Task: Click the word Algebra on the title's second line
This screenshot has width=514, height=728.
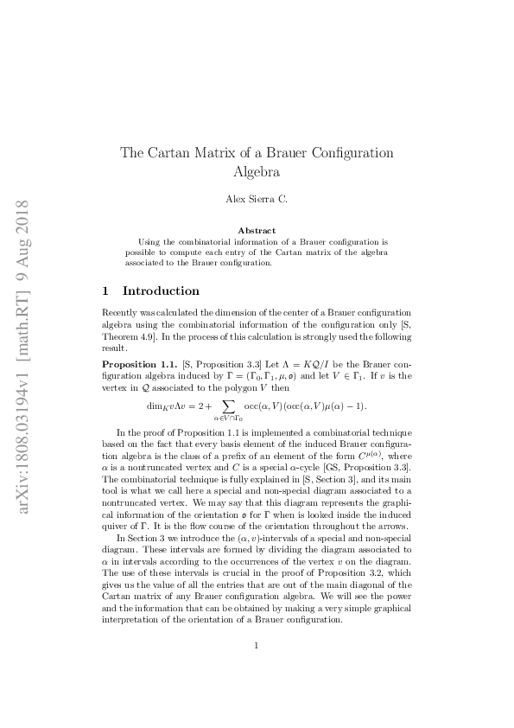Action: coord(257,171)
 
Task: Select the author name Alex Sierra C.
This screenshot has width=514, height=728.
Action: coord(257,200)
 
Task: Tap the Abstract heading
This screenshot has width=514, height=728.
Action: coord(257,231)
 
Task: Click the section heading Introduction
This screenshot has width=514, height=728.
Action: coord(162,291)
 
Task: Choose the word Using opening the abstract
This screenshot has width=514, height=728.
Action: coord(150,242)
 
